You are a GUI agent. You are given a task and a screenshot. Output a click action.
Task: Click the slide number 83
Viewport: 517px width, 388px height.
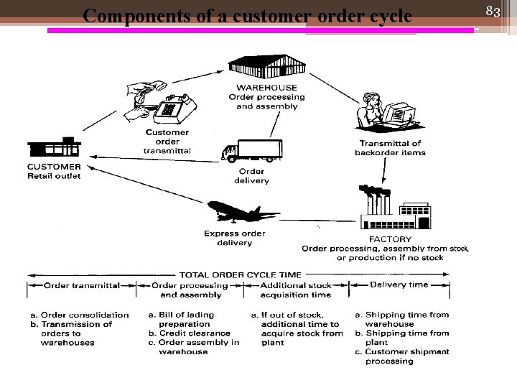click(493, 11)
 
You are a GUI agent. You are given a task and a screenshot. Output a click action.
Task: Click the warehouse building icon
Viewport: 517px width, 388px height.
click(266, 68)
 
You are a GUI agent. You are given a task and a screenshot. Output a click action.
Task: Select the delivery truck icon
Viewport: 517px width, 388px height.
click(251, 151)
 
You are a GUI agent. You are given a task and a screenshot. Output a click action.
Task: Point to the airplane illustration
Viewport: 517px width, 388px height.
click(242, 213)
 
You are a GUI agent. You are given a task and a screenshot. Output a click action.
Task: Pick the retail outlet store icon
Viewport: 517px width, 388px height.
click(54, 147)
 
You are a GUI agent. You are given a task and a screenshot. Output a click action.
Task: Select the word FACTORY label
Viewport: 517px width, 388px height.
click(390, 239)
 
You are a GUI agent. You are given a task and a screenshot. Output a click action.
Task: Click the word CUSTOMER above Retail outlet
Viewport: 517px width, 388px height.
click(54, 167)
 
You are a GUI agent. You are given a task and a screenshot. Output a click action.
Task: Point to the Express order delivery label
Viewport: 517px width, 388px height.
click(234, 238)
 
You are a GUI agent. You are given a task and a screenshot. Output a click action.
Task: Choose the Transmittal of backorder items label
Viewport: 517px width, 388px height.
click(390, 148)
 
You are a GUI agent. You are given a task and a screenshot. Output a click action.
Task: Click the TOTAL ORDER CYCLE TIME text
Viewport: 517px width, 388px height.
click(240, 274)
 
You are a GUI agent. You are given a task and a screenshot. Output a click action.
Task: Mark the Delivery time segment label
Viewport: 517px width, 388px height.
click(399, 285)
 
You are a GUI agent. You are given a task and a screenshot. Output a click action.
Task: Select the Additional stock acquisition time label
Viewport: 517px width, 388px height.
click(295, 290)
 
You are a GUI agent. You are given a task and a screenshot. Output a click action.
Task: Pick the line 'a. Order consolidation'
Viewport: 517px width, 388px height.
click(79, 315)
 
